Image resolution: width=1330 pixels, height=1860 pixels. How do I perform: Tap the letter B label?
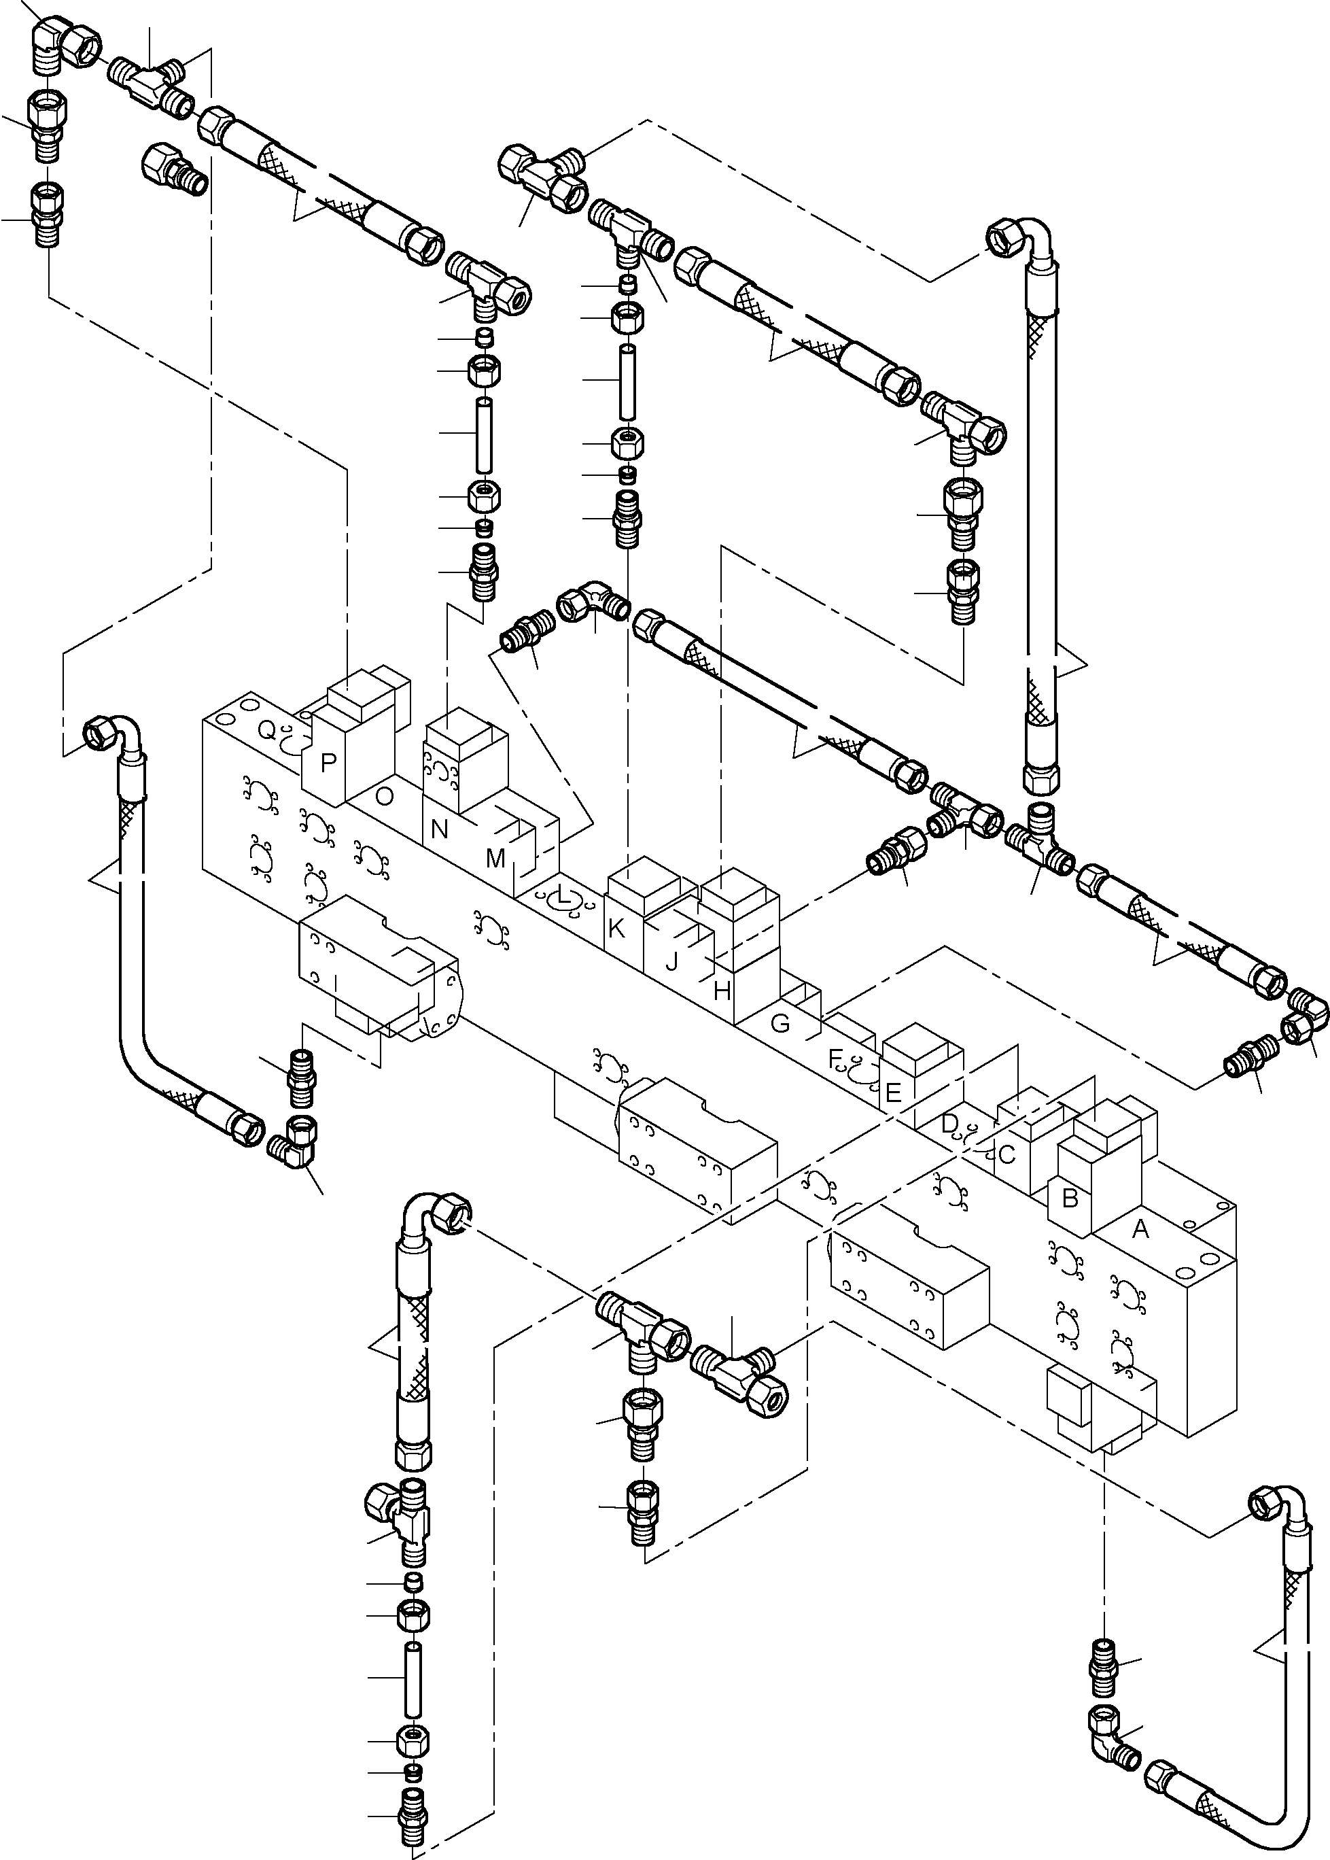pos(1070,1199)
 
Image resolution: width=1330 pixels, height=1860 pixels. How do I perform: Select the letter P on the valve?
pos(328,763)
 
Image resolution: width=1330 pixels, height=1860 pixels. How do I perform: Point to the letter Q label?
pos(267,729)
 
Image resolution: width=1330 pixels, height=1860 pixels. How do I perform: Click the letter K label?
pos(616,929)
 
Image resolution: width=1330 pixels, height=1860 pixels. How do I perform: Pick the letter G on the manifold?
pos(780,1023)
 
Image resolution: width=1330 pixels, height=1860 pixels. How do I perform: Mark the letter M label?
pos(495,859)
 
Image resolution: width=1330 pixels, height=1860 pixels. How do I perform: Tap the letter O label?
pos(383,796)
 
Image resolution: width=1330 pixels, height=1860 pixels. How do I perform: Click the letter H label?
pos(722,992)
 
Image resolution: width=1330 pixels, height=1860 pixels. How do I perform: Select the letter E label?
pos(893,1092)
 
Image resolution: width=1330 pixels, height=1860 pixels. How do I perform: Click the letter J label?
pos(671,961)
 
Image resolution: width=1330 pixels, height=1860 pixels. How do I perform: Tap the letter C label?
pos(1007,1155)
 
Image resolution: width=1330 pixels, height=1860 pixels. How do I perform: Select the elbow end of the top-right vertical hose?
pos(1015,241)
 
